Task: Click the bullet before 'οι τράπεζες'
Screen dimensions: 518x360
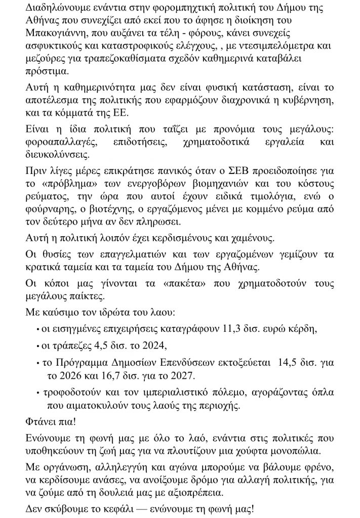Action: (38, 347)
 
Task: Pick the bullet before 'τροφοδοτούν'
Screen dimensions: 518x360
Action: (38, 392)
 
